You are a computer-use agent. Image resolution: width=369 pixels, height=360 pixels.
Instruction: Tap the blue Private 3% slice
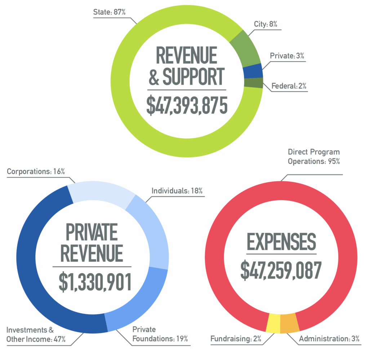tap(252, 71)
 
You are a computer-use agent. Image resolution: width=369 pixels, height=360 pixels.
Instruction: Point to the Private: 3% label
tap(288, 56)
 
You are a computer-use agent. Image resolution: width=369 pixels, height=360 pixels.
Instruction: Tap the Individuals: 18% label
tap(177, 190)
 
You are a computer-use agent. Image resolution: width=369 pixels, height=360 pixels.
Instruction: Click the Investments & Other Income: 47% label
tap(36, 334)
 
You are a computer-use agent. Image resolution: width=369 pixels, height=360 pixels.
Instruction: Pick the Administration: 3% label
tap(329, 338)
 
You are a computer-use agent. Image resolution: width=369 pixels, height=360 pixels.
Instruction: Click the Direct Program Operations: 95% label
tap(314, 157)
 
